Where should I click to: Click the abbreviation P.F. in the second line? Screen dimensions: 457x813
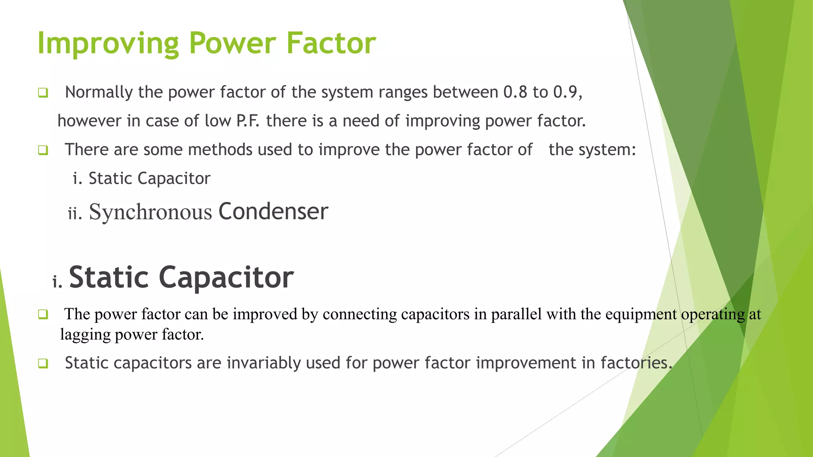248,121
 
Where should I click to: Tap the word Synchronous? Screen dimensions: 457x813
150,212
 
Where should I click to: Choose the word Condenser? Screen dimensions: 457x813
273,211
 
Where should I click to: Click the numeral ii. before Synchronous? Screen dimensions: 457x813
75,214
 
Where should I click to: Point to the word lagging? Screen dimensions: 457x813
85,334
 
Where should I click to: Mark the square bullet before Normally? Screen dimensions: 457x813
43,93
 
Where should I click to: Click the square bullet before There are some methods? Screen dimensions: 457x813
43,150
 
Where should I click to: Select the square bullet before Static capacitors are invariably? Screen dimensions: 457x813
43,363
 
